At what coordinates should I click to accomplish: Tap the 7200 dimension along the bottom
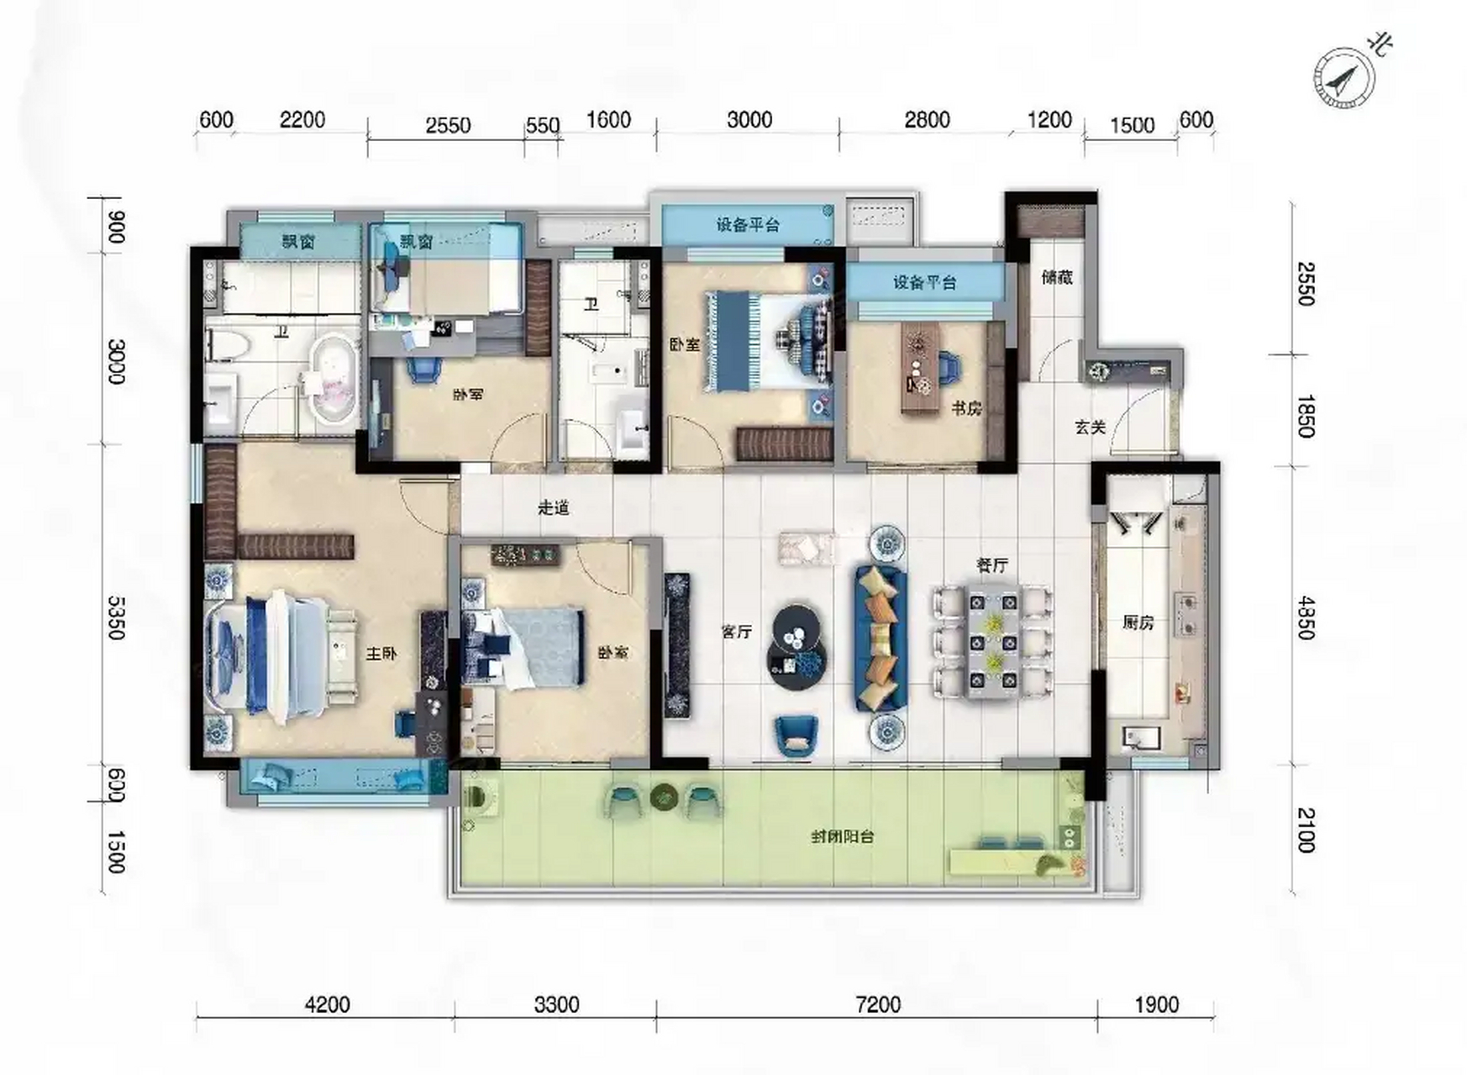(x=877, y=1004)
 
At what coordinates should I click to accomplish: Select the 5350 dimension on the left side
(x=117, y=617)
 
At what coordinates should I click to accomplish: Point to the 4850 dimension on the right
(x=1305, y=618)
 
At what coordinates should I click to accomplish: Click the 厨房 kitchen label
(x=1138, y=622)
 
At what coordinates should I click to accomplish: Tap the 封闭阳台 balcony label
(x=843, y=836)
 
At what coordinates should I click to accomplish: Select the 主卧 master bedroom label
(x=381, y=653)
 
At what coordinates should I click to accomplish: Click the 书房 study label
(x=966, y=409)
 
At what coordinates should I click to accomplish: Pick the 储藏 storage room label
(x=1057, y=277)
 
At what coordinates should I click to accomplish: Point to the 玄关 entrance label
(x=1090, y=427)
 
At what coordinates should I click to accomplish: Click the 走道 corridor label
(x=554, y=507)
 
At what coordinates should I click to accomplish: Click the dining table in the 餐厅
(x=993, y=643)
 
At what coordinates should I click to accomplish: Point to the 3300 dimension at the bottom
(x=556, y=1004)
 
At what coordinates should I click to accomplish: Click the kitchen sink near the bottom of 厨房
(x=1141, y=738)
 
